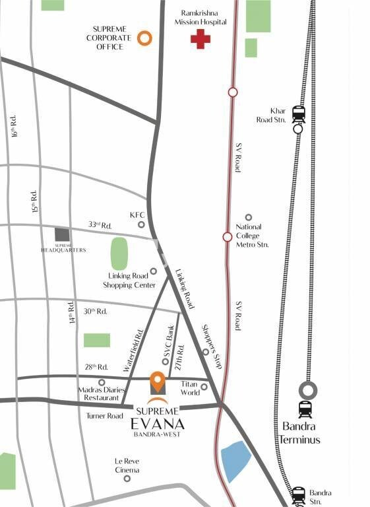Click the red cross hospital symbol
[x=200, y=39]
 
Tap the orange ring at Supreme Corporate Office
[x=145, y=38]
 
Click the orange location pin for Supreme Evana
[x=157, y=382]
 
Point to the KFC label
[x=137, y=215]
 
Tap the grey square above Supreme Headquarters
[x=61, y=234]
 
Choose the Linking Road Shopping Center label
[x=129, y=281]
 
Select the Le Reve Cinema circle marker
[x=127, y=478]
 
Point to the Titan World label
[x=190, y=388]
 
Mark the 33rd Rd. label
[x=100, y=225]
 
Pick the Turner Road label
[x=104, y=416]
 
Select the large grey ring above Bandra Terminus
[x=306, y=390]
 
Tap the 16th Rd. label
[x=15, y=125]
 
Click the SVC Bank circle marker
[x=165, y=361]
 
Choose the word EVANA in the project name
[x=156, y=424]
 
